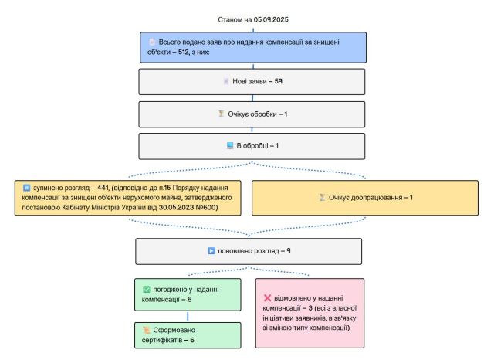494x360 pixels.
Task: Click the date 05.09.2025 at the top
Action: [x=271, y=19]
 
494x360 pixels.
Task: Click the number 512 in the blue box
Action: [x=183, y=52]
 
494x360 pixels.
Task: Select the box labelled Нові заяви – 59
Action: [x=252, y=82]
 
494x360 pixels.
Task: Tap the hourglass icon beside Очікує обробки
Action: [x=222, y=114]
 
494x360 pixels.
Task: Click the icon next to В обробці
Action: [x=230, y=146]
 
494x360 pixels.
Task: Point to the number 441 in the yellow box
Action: [x=103, y=188]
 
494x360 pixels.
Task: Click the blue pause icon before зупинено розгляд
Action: [x=27, y=188]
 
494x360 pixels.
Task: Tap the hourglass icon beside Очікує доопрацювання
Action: [x=322, y=197]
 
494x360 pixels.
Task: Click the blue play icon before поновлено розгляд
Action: [x=211, y=251]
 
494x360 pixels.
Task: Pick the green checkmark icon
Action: [x=147, y=290]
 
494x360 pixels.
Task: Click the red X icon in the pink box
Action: [x=268, y=298]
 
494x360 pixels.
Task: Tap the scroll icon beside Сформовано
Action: [x=146, y=330]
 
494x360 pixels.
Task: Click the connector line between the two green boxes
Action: [x=188, y=317]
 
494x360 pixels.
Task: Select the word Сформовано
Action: [x=174, y=330]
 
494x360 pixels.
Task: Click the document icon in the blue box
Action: [x=152, y=42]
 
